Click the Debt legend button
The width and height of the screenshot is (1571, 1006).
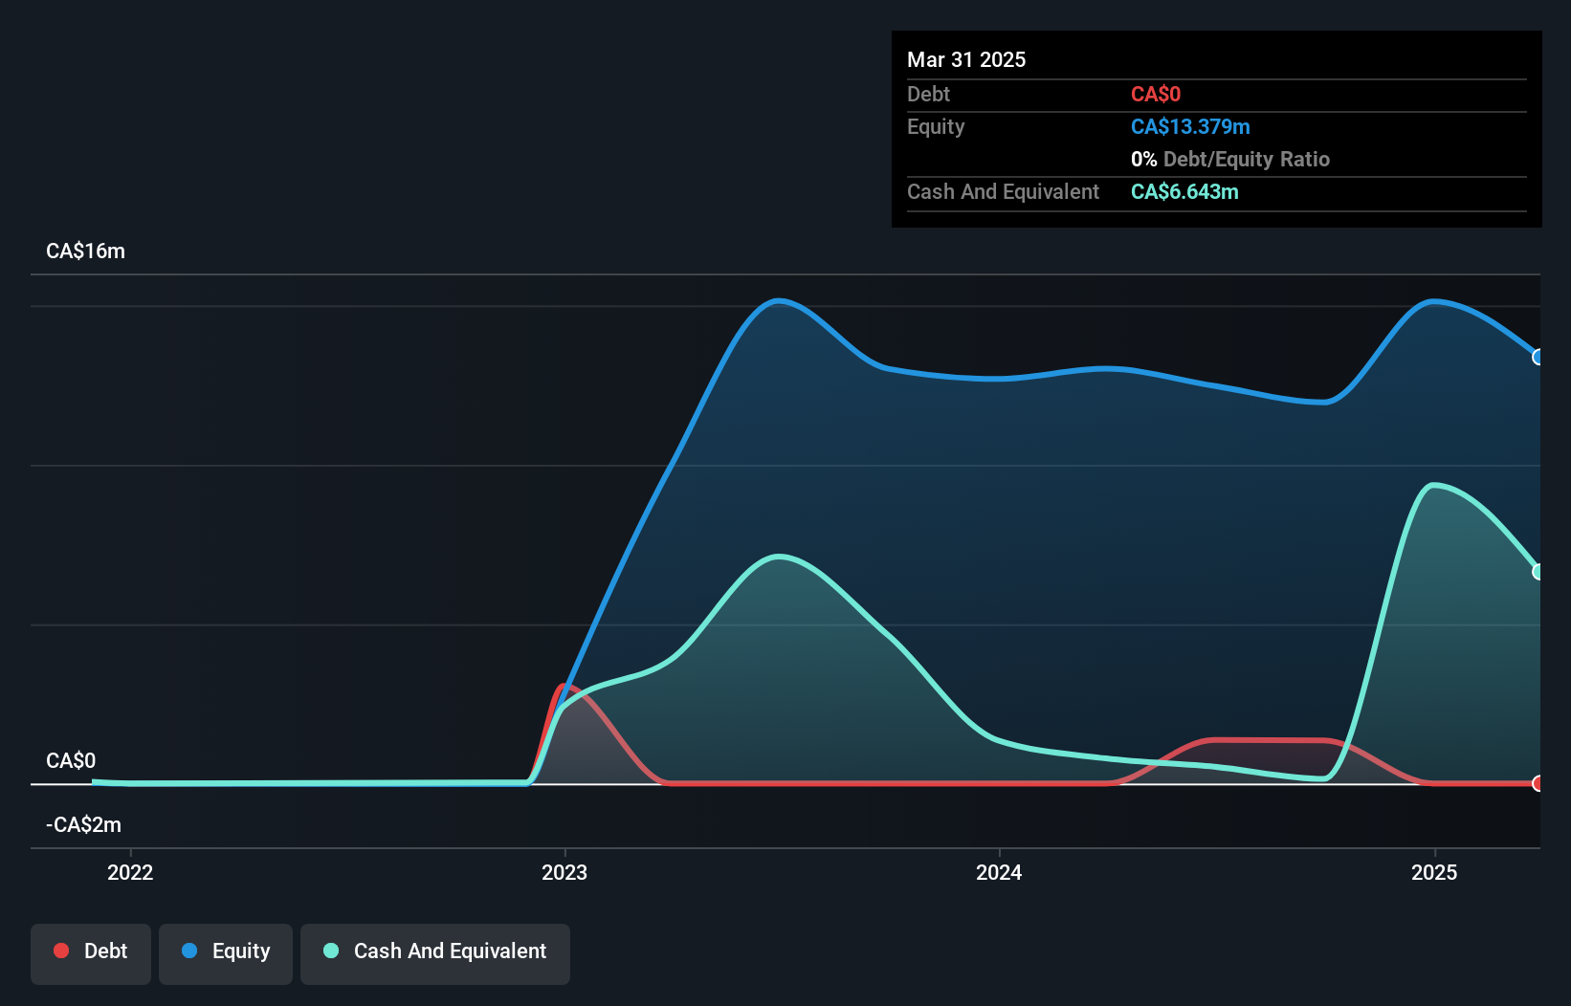(x=91, y=951)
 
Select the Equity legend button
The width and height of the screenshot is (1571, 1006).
(x=226, y=951)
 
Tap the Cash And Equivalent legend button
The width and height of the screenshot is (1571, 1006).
(x=435, y=951)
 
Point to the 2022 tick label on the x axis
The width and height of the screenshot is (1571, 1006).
(x=130, y=872)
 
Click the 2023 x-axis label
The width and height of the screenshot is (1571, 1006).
(x=564, y=872)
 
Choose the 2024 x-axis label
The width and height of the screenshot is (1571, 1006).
(x=999, y=872)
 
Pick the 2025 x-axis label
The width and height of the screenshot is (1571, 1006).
(x=1434, y=872)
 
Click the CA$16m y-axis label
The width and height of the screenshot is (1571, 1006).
(x=85, y=251)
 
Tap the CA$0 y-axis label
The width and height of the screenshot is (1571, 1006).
(x=71, y=761)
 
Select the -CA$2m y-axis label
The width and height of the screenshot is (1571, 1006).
(x=83, y=825)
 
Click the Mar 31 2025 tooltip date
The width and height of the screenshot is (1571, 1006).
(x=966, y=59)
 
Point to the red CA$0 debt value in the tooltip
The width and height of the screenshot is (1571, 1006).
(x=1156, y=94)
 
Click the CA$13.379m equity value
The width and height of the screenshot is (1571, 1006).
(x=1190, y=126)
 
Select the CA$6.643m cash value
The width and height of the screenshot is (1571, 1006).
(x=1184, y=191)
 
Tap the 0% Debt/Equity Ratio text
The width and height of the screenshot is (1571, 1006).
(x=1230, y=159)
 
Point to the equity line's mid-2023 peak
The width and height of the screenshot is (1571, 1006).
(x=780, y=301)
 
